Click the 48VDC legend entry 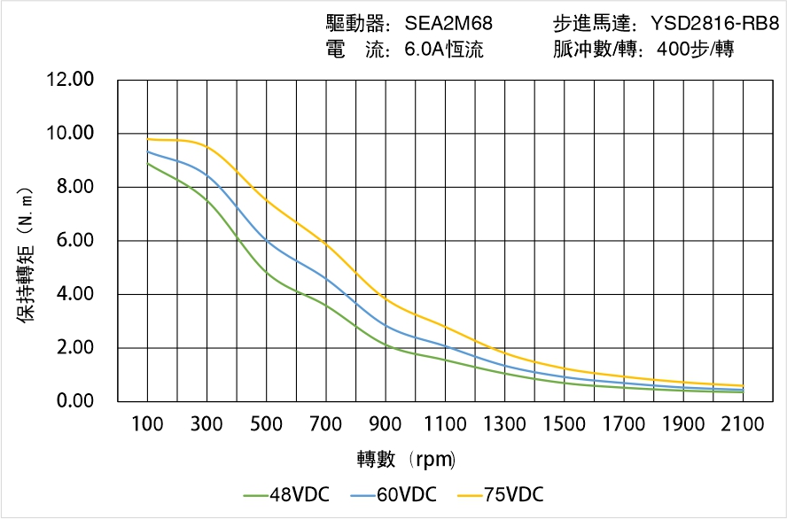[285, 494]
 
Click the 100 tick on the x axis [147, 424]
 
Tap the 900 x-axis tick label [386, 424]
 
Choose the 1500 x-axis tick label [564, 424]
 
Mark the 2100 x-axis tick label [743, 424]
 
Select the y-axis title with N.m [27, 254]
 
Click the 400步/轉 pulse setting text [695, 50]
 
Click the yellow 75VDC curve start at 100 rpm [148, 139]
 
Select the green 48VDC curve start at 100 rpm [148, 164]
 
